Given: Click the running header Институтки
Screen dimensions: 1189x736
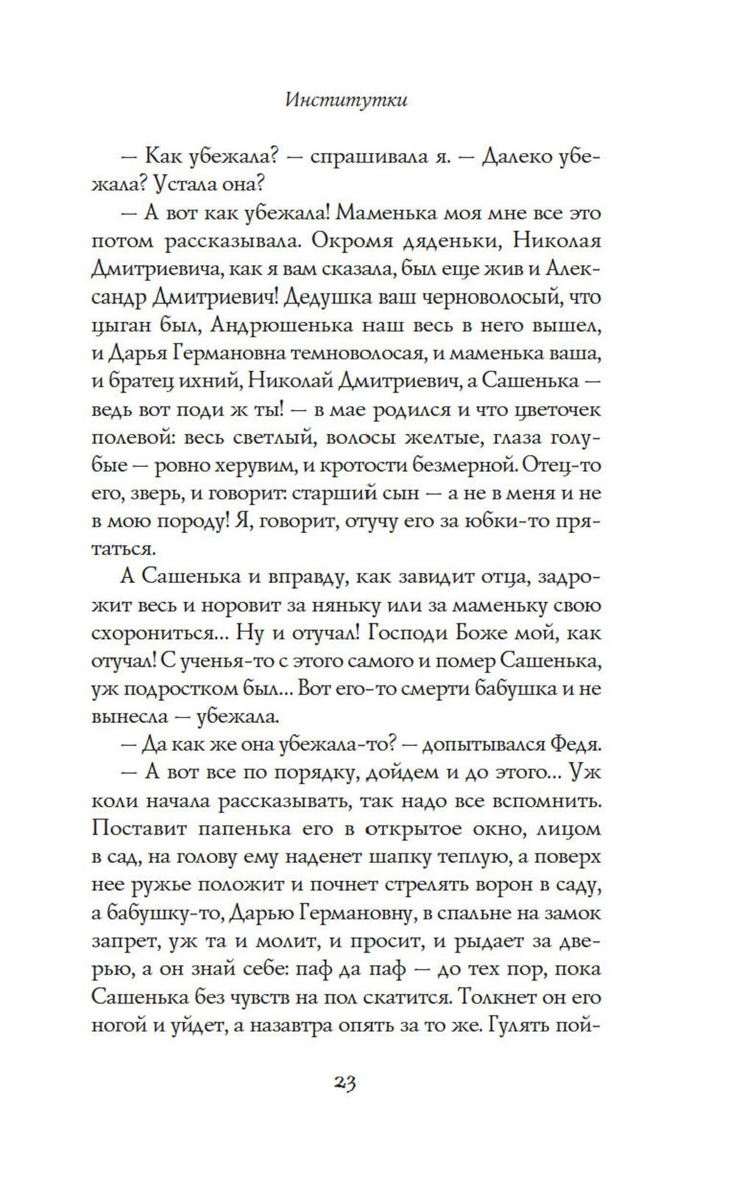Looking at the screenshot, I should (x=345, y=100).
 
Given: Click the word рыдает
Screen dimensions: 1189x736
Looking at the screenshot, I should (x=484, y=940).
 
